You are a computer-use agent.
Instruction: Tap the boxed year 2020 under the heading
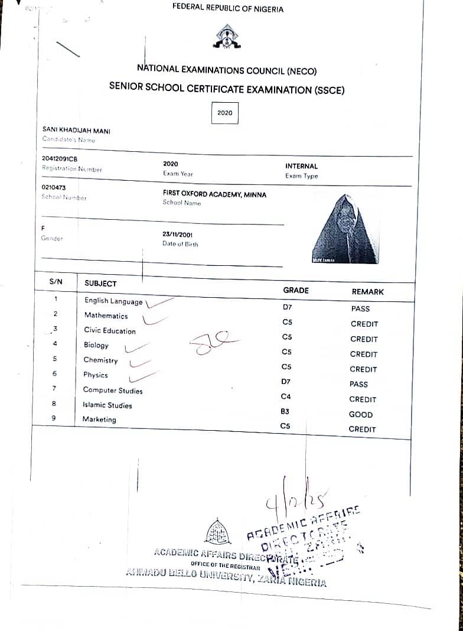click(x=225, y=112)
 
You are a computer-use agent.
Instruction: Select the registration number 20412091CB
click(x=60, y=159)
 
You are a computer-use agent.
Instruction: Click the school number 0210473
click(x=54, y=188)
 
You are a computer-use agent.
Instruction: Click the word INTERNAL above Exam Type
click(x=301, y=167)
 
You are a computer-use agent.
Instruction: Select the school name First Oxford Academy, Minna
click(x=214, y=194)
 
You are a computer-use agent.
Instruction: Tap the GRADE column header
click(x=296, y=290)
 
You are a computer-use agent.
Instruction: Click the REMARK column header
click(x=367, y=291)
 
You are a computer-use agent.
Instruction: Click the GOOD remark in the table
click(x=361, y=414)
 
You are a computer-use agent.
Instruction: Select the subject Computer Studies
click(x=113, y=391)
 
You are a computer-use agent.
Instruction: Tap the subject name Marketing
click(x=99, y=419)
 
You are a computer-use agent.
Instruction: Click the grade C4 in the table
click(x=286, y=396)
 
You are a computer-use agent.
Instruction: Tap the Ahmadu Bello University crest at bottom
click(x=217, y=532)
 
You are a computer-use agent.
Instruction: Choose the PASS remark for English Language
click(x=360, y=308)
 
